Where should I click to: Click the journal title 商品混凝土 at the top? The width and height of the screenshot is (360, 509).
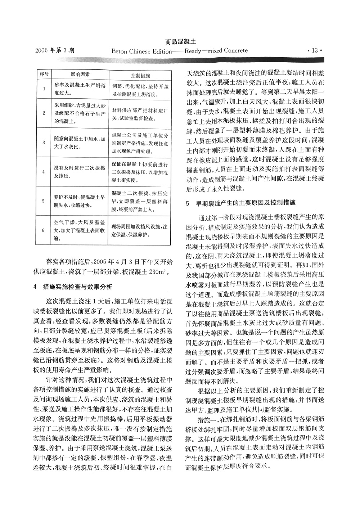(x=180, y=42)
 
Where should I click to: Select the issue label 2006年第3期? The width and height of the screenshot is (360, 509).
(x=55, y=50)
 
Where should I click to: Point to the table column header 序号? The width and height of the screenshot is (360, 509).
(x=44, y=75)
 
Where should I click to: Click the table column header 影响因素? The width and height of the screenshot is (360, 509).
(x=80, y=75)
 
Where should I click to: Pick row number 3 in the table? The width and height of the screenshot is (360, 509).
(x=44, y=143)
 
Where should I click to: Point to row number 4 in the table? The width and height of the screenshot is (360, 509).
(x=44, y=172)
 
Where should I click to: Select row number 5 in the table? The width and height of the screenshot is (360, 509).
(x=44, y=201)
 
